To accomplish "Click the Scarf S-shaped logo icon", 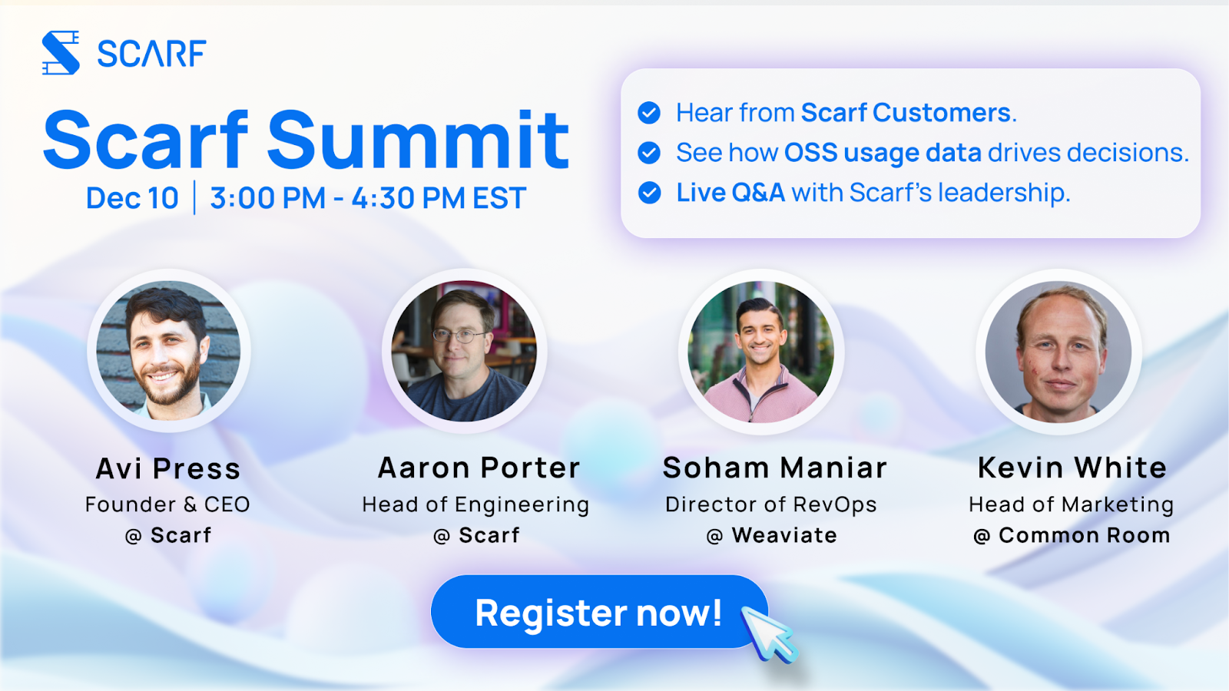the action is [61, 53].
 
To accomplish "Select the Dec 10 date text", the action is [132, 197].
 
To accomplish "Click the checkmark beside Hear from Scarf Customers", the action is [649, 112].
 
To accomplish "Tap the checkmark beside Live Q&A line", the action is [649, 193].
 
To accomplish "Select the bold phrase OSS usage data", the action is [883, 153].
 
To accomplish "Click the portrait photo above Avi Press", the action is [168, 351].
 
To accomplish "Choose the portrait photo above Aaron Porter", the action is [464, 351].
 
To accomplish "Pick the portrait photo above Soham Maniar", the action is [761, 352].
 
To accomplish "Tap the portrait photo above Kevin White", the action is [1058, 352].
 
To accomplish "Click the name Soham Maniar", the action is [775, 468].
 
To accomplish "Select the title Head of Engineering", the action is [475, 504].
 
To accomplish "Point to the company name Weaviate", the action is [784, 535].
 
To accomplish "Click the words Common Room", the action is [1084, 535].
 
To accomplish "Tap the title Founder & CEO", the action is [167, 504].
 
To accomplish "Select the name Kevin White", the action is [1072, 468].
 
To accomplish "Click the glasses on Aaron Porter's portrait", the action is [455, 335].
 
